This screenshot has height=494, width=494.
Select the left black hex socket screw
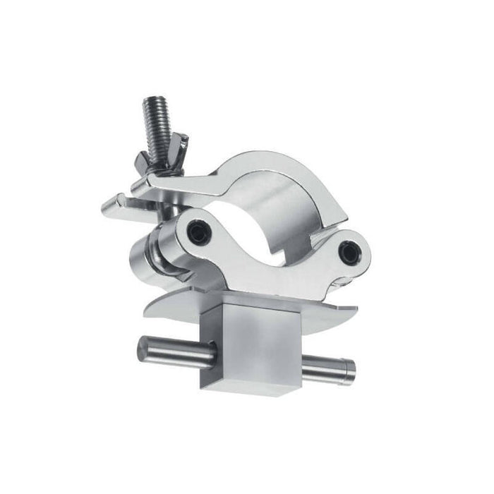point(200,232)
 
